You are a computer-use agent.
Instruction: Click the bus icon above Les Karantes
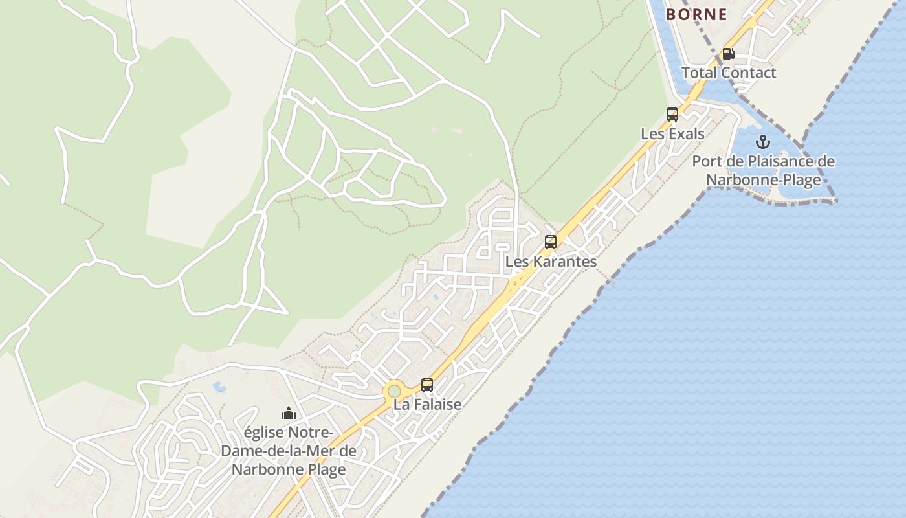(551, 242)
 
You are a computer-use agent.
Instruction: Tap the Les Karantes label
(551, 262)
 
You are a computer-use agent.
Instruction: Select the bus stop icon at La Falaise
(427, 385)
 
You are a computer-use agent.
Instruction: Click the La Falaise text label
(427, 404)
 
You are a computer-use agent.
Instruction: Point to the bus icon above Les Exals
(672, 115)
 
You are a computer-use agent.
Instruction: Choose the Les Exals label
(672, 134)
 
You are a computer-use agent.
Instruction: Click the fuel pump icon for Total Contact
(728, 54)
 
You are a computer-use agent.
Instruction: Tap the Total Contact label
(728, 73)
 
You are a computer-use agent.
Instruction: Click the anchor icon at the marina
(763, 142)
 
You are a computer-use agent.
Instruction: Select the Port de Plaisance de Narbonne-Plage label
(764, 170)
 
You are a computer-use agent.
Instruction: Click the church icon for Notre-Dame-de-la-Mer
(289, 412)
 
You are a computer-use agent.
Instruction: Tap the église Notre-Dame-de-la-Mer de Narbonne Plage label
(289, 450)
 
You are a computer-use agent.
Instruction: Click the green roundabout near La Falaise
(393, 391)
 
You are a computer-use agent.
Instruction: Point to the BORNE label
(696, 14)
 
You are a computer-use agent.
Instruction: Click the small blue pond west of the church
(219, 387)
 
